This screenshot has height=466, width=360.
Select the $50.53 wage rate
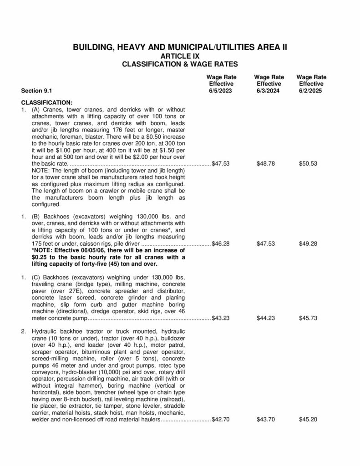(x=308, y=163)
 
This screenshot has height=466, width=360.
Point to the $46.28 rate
(x=221, y=243)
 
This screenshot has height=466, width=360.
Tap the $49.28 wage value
(x=308, y=243)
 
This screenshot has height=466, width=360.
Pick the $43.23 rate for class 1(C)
(x=221, y=318)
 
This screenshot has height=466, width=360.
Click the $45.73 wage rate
(x=308, y=318)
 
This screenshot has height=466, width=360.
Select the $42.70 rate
(x=221, y=419)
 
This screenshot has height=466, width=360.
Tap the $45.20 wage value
(x=308, y=419)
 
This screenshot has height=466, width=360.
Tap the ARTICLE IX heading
(x=180, y=56)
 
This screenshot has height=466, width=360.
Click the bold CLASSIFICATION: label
(x=47, y=102)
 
